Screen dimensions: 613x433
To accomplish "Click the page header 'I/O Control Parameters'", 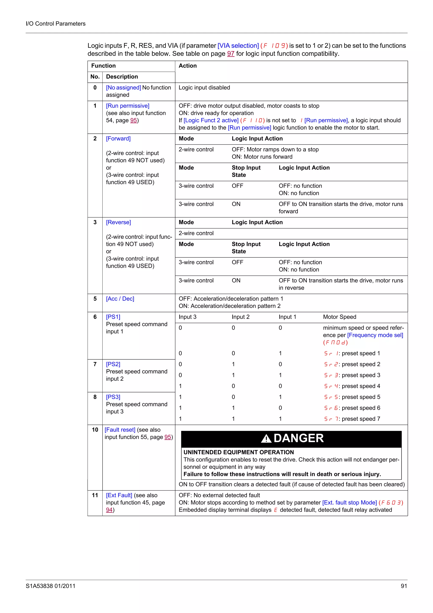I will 55,23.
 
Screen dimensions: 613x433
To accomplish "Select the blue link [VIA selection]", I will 238,46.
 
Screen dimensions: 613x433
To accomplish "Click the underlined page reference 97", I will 230,54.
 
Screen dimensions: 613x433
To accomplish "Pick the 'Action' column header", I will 188,66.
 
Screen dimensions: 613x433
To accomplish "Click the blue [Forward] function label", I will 118,139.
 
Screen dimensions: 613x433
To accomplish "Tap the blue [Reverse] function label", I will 118,222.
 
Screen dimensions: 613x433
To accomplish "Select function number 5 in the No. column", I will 95,298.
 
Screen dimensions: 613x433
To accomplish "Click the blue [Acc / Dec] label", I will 120,298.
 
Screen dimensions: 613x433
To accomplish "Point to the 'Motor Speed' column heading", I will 339,317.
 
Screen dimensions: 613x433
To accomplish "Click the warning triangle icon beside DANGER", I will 266,438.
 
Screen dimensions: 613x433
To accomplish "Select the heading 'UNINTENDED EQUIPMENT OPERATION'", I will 238,452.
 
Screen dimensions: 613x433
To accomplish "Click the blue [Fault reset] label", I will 120,430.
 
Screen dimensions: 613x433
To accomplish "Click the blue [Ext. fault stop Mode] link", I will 349,502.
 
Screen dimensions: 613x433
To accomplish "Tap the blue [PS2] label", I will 113,364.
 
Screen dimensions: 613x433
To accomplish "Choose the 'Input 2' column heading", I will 240,317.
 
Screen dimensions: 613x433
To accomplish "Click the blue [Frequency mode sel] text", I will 375,335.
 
